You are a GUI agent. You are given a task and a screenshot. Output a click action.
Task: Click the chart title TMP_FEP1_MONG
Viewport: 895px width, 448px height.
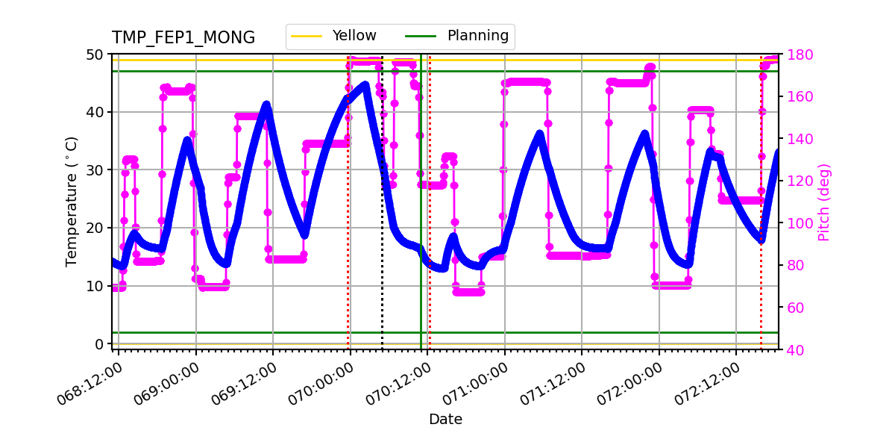click(183, 38)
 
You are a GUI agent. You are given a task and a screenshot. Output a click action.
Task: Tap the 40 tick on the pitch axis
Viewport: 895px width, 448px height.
click(792, 349)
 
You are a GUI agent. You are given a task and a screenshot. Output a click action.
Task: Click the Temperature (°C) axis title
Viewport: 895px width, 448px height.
click(72, 202)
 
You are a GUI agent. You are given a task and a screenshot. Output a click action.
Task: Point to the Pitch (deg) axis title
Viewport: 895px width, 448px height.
click(824, 202)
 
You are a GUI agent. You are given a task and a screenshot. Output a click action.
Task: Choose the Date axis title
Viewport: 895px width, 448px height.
click(445, 420)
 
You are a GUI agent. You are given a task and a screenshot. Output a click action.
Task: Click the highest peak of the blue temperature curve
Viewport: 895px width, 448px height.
click(365, 84)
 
